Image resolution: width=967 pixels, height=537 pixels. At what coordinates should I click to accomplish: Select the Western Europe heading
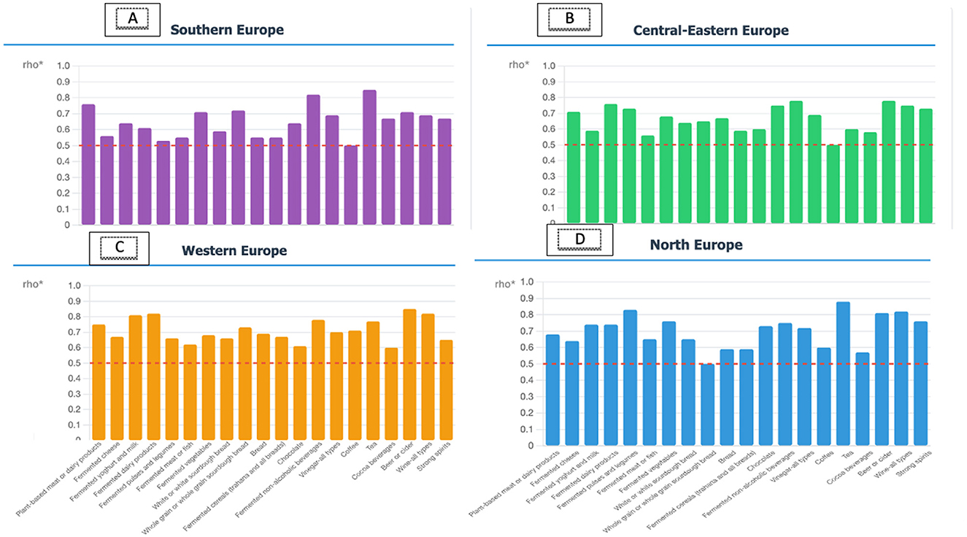pyautogui.click(x=234, y=250)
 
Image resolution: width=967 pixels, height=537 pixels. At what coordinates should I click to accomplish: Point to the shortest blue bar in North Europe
pyautogui.click(x=707, y=404)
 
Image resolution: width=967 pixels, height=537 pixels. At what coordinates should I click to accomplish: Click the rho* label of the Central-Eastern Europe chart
pyautogui.click(x=519, y=64)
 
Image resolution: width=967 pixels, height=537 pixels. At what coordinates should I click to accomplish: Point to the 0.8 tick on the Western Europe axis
pyautogui.click(x=73, y=317)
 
